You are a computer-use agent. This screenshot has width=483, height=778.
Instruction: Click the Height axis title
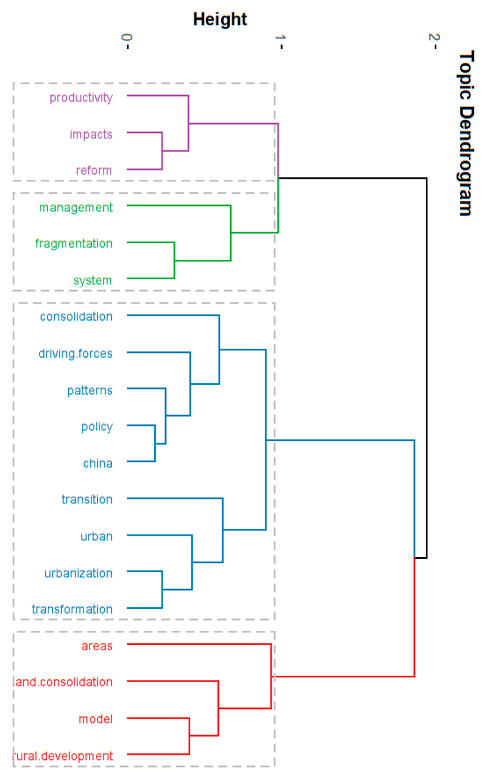[x=220, y=19]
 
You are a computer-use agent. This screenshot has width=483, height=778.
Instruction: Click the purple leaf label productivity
[x=81, y=98]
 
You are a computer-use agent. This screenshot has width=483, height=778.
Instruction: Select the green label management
[x=76, y=208]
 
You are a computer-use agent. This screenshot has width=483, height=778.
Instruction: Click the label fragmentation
[x=74, y=244]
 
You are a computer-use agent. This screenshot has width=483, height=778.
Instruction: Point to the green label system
[x=93, y=280]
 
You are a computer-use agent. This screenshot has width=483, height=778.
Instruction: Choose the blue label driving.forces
[x=75, y=354]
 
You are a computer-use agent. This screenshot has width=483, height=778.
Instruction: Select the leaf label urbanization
[x=79, y=573]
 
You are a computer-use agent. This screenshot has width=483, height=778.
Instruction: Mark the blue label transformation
[x=72, y=609]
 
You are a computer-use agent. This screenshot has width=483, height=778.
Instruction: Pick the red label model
[x=95, y=719]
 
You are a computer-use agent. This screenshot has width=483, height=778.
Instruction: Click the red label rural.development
[x=63, y=756]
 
